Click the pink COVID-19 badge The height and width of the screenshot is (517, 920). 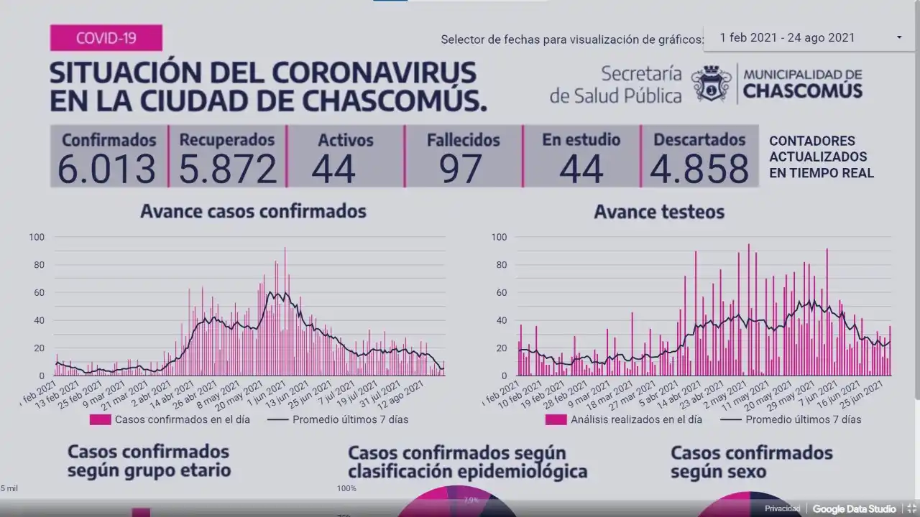[x=106, y=37]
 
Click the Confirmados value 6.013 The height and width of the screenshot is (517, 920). [x=107, y=169]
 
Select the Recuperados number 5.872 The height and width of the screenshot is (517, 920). [x=227, y=169]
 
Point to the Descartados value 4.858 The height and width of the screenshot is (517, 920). [x=699, y=169]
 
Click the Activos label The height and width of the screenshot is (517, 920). [x=346, y=140]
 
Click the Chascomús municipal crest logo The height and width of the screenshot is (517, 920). [x=712, y=83]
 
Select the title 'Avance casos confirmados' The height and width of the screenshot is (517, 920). [x=253, y=211]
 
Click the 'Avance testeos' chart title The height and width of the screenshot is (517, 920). [x=659, y=212]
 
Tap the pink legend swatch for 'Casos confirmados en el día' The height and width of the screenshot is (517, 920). [x=100, y=419]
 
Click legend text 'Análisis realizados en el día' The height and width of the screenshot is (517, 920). [x=636, y=419]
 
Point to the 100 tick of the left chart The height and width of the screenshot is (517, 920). [x=37, y=237]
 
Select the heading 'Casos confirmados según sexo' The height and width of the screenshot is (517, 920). [x=751, y=462]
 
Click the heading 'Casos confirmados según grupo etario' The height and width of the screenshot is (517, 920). [x=149, y=460]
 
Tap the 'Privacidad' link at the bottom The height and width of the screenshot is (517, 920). [x=782, y=509]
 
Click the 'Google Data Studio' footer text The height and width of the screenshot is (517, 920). [x=854, y=509]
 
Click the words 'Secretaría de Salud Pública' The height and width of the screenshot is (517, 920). [x=616, y=84]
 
